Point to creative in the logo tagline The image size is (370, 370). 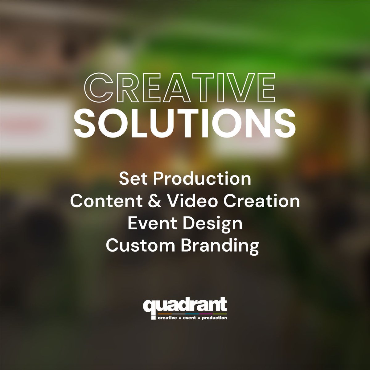point(166,317)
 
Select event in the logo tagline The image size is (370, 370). point(188,317)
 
